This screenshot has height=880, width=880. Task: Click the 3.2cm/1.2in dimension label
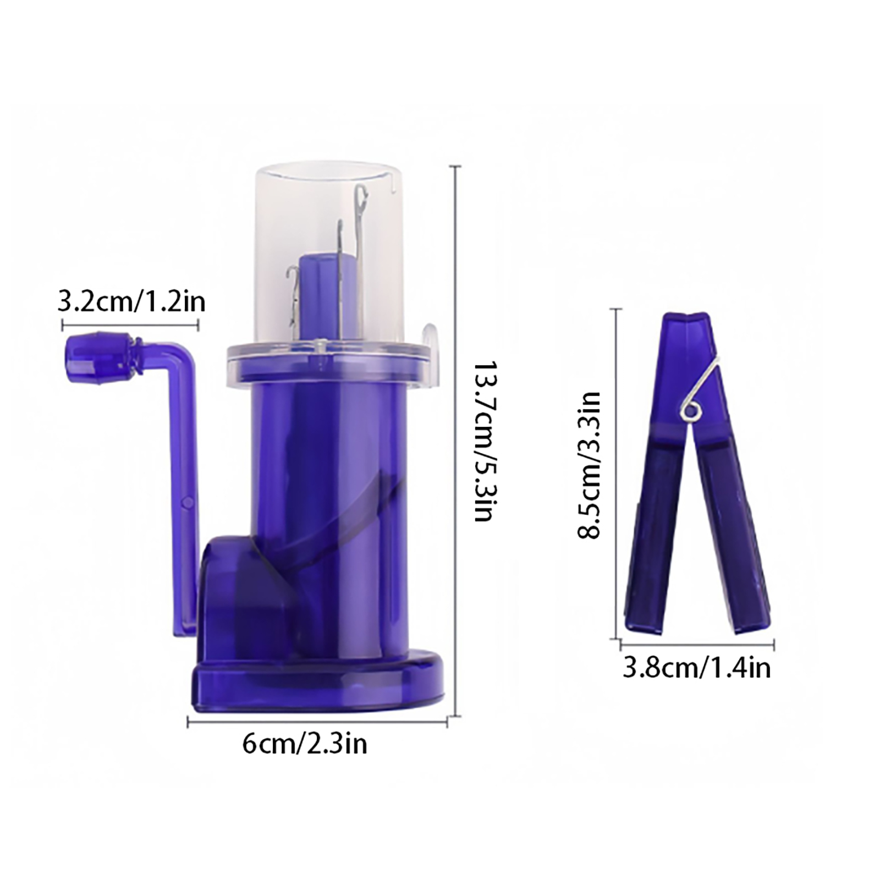(131, 302)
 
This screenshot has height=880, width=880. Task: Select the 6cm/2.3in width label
(305, 744)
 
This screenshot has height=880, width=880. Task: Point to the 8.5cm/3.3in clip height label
(588, 465)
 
